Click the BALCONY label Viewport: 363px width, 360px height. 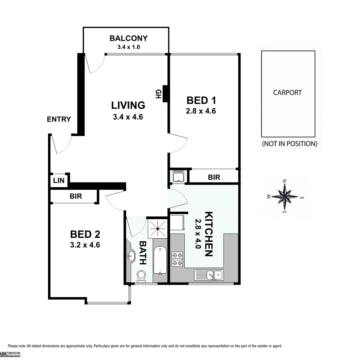tap(128, 38)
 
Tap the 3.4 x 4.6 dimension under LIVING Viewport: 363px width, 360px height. tap(128, 117)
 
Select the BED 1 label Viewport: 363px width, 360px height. tap(201, 101)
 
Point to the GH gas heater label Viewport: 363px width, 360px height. tap(157, 94)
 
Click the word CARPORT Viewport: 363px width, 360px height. tap(287, 93)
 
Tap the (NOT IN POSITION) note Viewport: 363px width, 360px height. tap(289, 144)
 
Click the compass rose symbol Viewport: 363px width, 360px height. tap(285, 196)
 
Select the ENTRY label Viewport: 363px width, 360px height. tap(59, 119)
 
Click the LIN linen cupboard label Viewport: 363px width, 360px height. tap(59, 181)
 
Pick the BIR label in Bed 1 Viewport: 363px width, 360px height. tap(214, 177)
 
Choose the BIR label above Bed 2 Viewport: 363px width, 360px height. tap(76, 196)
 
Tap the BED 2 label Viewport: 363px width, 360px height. tap(85, 234)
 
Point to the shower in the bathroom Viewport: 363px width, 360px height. tap(157, 228)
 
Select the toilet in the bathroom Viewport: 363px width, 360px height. tap(141, 275)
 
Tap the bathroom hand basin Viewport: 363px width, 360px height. tap(131, 256)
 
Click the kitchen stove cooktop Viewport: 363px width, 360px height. tap(177, 259)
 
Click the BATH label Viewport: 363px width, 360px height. tap(143, 253)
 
